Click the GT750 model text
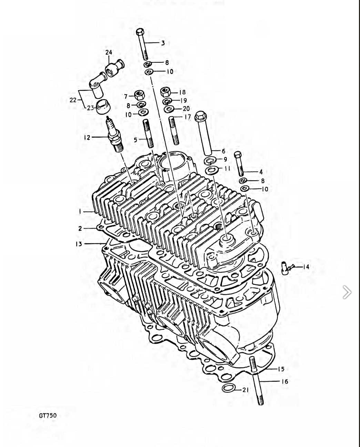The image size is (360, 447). point(47,415)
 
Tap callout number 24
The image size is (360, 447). point(109,52)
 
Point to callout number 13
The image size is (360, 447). point(79,244)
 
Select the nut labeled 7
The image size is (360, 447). point(139,94)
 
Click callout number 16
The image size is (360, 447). point(285,381)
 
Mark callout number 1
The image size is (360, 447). point(80,211)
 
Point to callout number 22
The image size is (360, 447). point(73,100)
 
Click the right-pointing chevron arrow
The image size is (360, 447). point(347,292)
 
